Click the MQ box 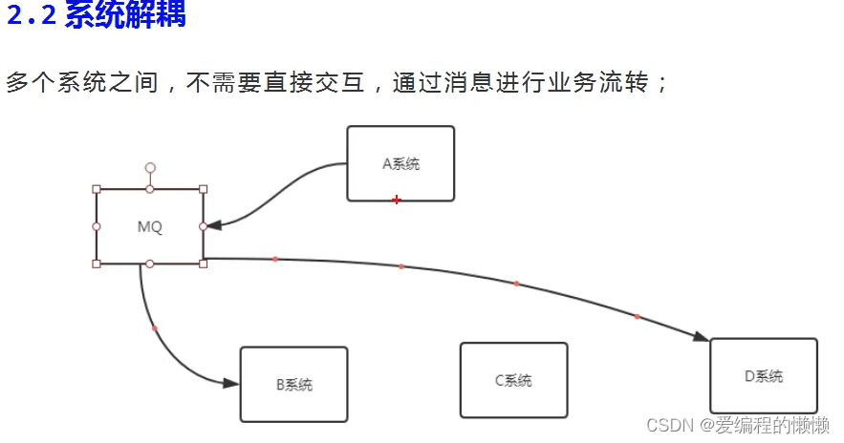pyautogui.click(x=149, y=227)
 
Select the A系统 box pyautogui.click(x=400, y=163)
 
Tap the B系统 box pyautogui.click(x=293, y=384)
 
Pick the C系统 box pyautogui.click(x=513, y=380)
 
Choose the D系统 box pyautogui.click(x=763, y=375)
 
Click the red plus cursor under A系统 pyautogui.click(x=396, y=200)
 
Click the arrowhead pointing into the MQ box pyautogui.click(x=214, y=226)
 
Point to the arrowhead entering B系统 pyautogui.click(x=230, y=383)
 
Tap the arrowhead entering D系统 pyautogui.click(x=701, y=336)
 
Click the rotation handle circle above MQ pyautogui.click(x=150, y=167)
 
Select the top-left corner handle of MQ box pyautogui.click(x=97, y=189)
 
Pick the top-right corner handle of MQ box pyautogui.click(x=203, y=189)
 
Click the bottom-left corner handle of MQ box pyautogui.click(x=97, y=264)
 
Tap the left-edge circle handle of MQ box pyautogui.click(x=97, y=226)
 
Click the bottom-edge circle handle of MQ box pyautogui.click(x=150, y=264)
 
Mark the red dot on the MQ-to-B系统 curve pyautogui.click(x=155, y=329)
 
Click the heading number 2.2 pyautogui.click(x=32, y=16)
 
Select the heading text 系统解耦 pyautogui.click(x=124, y=16)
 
